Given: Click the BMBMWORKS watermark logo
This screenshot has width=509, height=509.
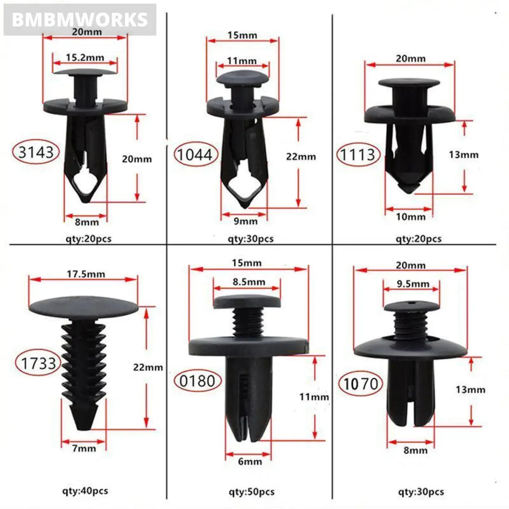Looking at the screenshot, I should (x=80, y=19).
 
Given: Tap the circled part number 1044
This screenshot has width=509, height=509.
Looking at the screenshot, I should (x=196, y=155).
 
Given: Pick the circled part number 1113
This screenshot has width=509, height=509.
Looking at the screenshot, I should (x=358, y=155).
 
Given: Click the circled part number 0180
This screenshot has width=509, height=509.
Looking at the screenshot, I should (x=197, y=381).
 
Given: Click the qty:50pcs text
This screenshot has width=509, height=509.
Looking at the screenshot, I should (x=251, y=492).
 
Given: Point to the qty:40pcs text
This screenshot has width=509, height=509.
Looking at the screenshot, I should (x=85, y=491).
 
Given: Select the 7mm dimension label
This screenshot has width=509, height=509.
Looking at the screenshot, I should (x=84, y=449).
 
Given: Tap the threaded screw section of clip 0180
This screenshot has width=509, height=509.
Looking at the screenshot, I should (x=247, y=322).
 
